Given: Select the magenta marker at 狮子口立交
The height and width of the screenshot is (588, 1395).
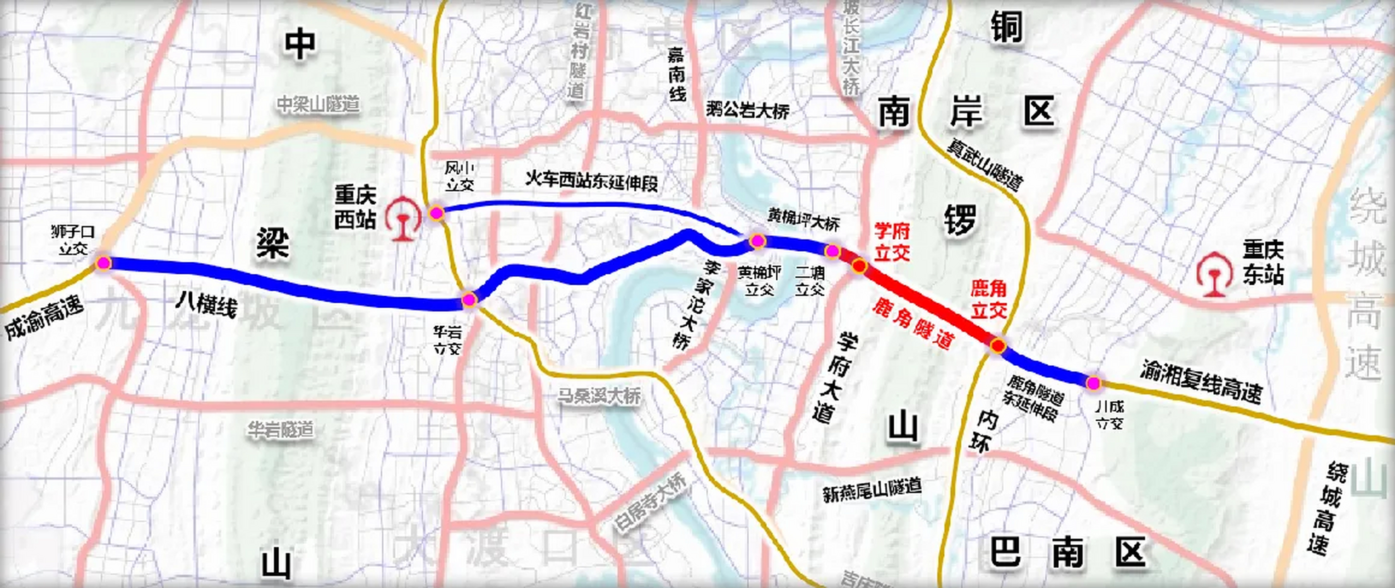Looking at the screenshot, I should [x=103, y=263].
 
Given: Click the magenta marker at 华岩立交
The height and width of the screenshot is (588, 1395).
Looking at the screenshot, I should [x=469, y=300].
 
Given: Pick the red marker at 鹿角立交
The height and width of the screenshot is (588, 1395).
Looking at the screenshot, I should [x=998, y=345].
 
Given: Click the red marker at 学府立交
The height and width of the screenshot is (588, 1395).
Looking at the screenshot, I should [x=859, y=266].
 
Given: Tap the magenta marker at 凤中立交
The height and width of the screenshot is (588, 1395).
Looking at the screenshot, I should [x=437, y=214].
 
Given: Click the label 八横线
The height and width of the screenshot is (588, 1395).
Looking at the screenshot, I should [x=206, y=305].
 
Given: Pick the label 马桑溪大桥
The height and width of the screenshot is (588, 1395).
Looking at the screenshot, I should [x=599, y=395].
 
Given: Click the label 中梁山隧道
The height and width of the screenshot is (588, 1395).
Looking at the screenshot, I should [x=318, y=104].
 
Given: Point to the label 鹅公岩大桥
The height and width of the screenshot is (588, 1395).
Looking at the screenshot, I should [x=747, y=111].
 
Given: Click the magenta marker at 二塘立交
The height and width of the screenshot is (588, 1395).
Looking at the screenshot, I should [x=832, y=251].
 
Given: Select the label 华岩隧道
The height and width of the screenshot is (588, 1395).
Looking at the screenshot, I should [x=280, y=430].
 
